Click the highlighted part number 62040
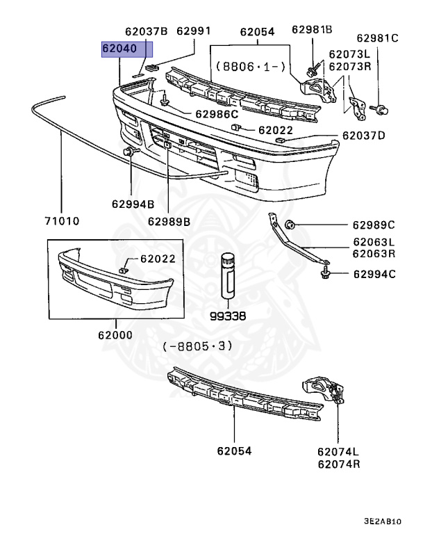125,50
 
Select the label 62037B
147,31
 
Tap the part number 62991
193,31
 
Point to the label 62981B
312,29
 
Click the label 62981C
378,38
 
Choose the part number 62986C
217,113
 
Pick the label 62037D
363,136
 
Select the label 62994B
132,204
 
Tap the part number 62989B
169,221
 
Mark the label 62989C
373,225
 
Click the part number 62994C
374,274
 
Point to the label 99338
227,315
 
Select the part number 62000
115,334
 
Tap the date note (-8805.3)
198,346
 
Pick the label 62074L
340,451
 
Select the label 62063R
374,254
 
